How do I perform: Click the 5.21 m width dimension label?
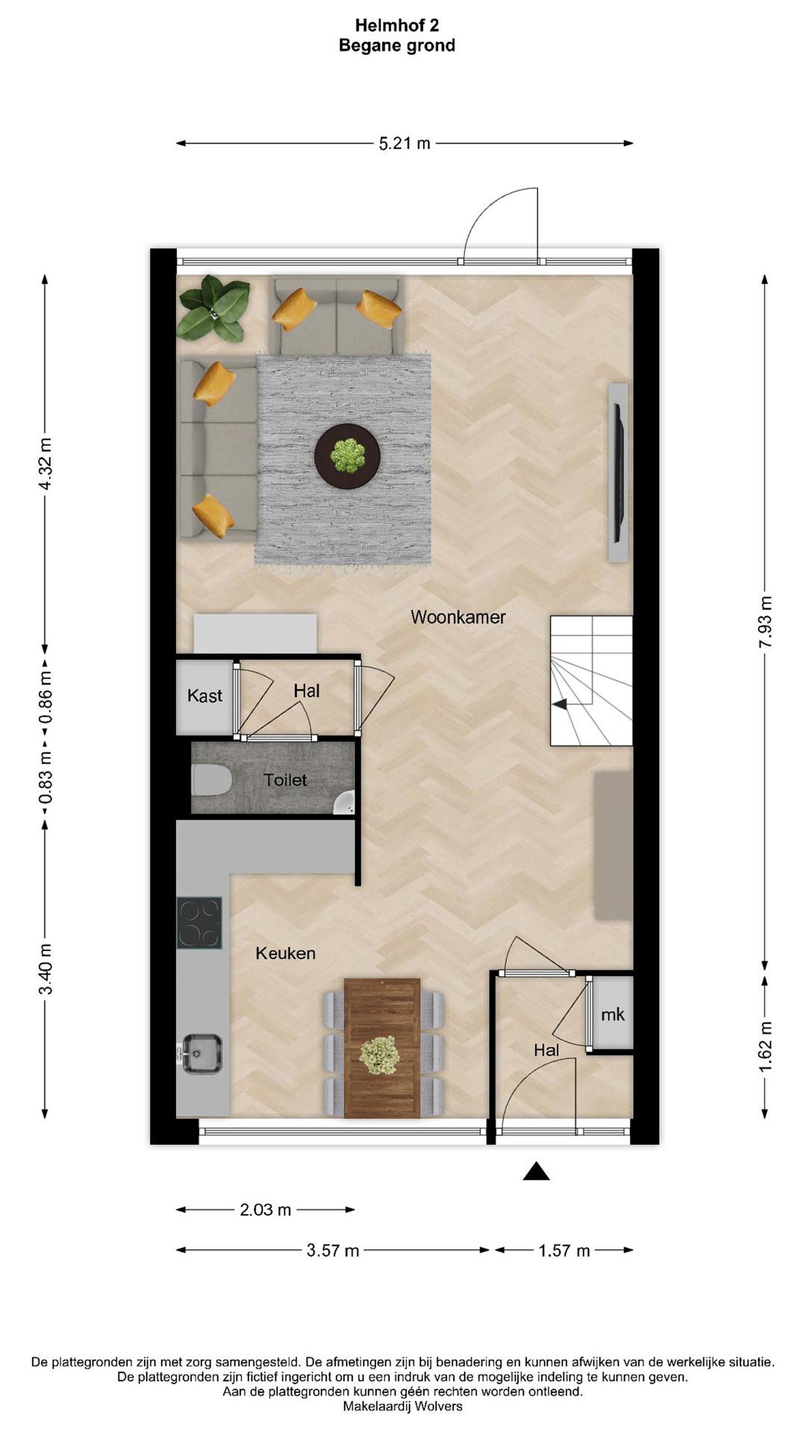click(x=404, y=143)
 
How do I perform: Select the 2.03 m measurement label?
click(x=265, y=1210)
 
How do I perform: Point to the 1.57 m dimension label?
click(x=564, y=1251)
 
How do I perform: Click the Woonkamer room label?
click(x=458, y=617)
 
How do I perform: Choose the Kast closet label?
click(x=204, y=696)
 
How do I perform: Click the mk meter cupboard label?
click(x=612, y=1014)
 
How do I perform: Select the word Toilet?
click(x=285, y=780)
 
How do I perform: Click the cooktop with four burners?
click(x=199, y=923)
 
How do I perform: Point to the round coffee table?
click(x=347, y=456)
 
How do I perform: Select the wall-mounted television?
click(x=618, y=472)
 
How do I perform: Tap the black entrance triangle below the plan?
click(x=536, y=1171)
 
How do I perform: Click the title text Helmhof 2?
click(x=397, y=25)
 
